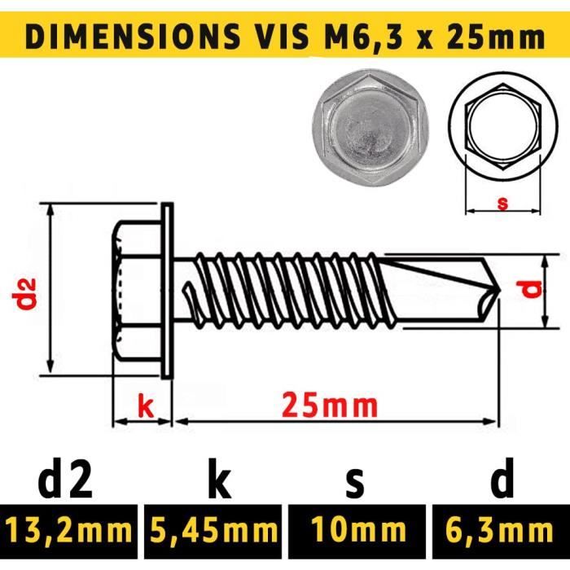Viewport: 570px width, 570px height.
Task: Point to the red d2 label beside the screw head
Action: [28, 294]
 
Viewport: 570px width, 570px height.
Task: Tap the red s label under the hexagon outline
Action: [502, 204]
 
